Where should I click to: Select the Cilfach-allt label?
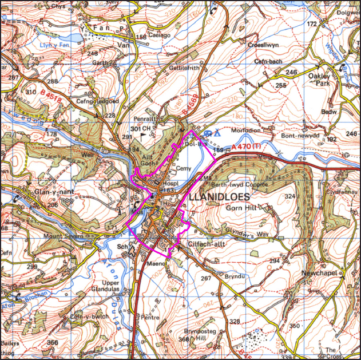[208, 244]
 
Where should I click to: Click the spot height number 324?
[291, 196]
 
